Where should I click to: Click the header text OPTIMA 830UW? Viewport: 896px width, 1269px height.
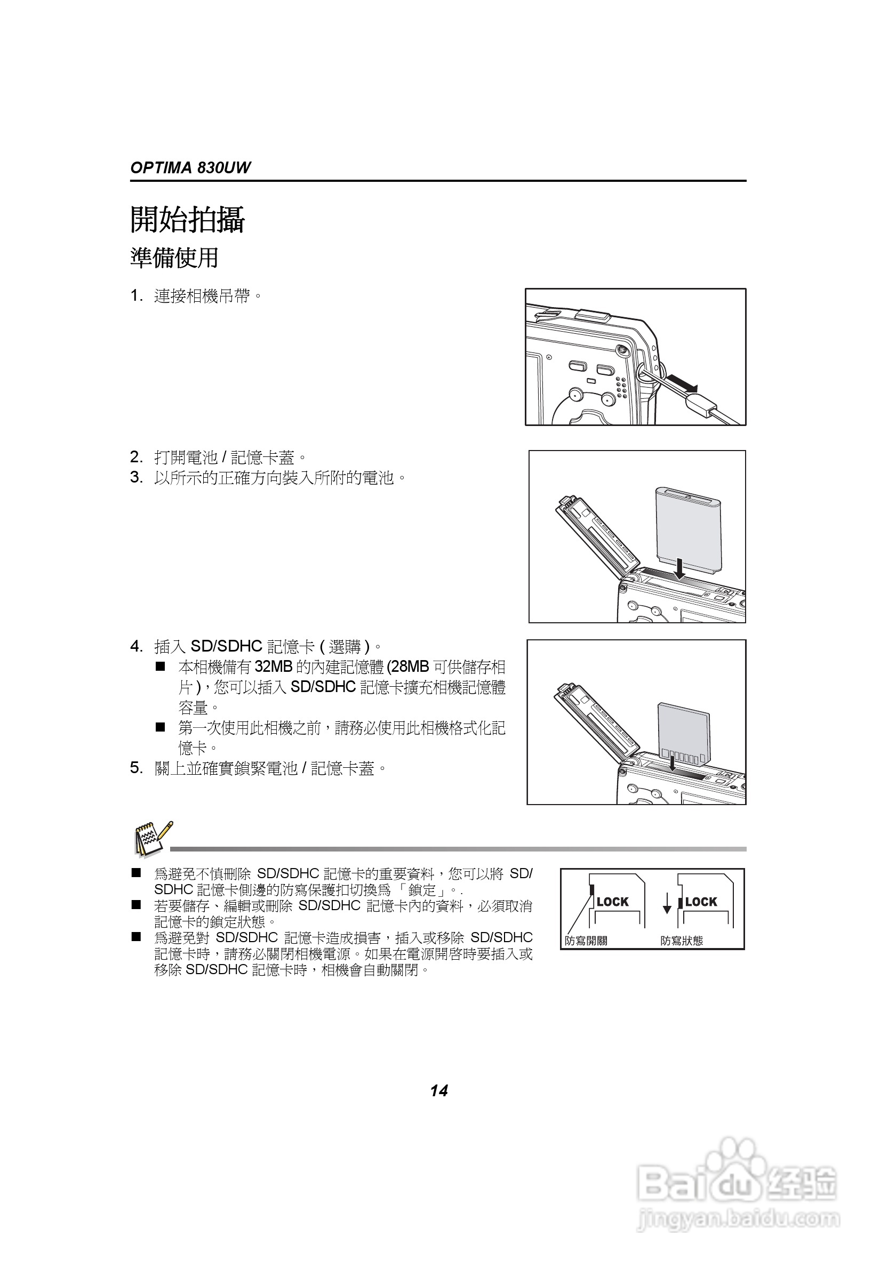coord(190,168)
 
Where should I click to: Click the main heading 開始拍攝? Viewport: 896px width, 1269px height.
coord(187,220)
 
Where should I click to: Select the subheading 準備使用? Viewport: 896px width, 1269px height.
coord(174,258)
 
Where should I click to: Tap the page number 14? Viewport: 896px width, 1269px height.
coord(439,1090)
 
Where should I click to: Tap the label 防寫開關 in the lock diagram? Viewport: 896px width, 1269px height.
coord(586,941)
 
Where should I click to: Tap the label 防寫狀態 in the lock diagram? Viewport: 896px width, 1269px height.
coord(682,941)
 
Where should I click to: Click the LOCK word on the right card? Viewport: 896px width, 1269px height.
coord(701,902)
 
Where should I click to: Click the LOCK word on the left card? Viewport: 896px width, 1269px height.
coord(612,902)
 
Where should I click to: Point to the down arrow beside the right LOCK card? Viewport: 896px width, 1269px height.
coord(667,903)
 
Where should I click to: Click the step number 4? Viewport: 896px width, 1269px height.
coord(136,646)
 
